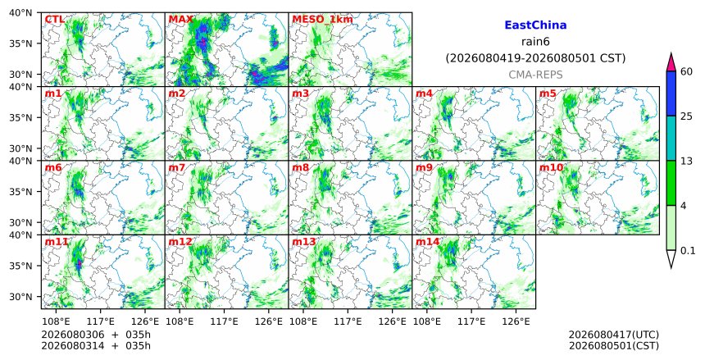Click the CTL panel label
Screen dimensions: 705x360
54,20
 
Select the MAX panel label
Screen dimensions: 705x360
180,20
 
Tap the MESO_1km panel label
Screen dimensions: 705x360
322,20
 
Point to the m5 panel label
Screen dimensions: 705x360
548,93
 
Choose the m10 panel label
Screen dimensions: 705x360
551,167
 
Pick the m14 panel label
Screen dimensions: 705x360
428,242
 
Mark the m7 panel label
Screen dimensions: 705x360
177,167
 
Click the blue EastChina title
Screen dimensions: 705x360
535,25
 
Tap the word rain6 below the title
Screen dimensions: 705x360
535,42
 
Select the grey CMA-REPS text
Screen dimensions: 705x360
535,75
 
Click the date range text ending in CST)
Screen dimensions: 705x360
535,58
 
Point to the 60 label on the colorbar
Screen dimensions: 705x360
686,71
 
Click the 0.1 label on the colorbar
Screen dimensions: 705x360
688,251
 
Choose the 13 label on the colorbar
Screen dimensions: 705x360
686,161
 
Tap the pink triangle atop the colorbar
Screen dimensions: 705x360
671,62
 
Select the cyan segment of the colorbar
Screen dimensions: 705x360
671,138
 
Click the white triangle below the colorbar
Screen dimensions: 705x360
671,259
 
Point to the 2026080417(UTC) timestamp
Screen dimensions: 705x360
614,335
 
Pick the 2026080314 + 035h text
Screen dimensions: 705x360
96,345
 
